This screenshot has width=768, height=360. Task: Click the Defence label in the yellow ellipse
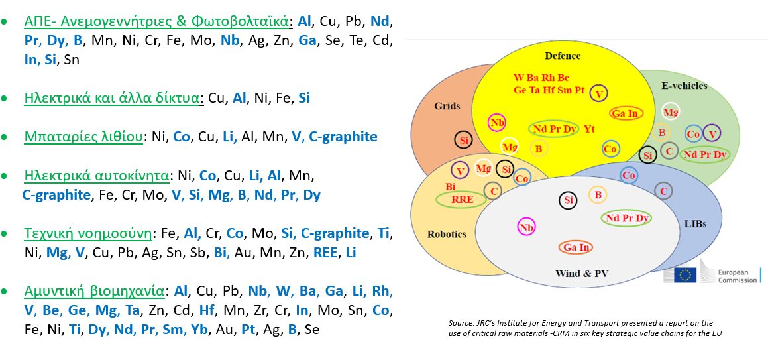coord(563,56)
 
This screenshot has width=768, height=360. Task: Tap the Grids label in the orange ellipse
coord(447,106)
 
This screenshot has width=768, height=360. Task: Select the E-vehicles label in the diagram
coord(685,86)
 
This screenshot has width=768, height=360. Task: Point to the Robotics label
coord(446,233)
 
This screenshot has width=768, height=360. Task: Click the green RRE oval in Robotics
coord(461,200)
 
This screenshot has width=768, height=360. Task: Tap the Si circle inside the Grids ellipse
coord(463,141)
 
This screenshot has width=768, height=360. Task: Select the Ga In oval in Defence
coord(626,113)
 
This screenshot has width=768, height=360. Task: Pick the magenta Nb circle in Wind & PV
coord(527,227)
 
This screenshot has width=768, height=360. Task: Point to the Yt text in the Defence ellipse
coord(589,129)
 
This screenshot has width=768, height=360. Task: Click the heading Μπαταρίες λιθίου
coord(83,137)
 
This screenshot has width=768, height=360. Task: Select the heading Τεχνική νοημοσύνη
coord(88,233)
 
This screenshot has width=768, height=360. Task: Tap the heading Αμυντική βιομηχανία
coord(95,292)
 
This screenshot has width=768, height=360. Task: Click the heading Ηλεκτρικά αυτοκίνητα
coord(97,175)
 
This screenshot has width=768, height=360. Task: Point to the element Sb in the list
coord(196,253)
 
